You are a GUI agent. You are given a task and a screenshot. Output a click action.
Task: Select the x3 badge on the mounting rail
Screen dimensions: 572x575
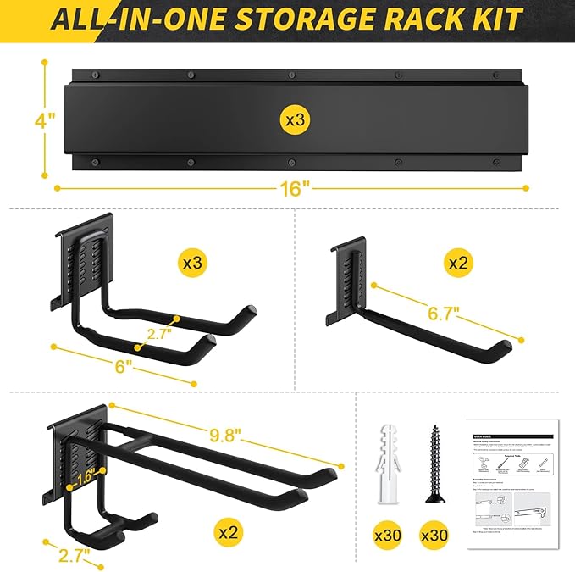294,120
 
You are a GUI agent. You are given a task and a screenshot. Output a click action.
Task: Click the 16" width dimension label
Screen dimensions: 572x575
292,189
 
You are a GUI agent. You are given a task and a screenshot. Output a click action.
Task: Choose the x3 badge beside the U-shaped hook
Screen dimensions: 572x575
194,263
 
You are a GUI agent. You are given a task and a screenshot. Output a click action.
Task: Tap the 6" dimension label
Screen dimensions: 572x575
124,366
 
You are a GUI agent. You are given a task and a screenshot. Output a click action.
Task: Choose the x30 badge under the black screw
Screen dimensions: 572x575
435,535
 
